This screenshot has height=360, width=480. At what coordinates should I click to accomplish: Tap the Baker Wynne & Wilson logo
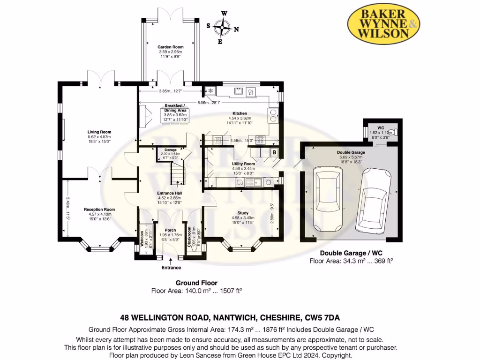[x=383, y=23]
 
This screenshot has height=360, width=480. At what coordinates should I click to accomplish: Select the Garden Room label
[x=170, y=47]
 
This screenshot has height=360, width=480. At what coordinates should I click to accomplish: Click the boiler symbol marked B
[x=274, y=152]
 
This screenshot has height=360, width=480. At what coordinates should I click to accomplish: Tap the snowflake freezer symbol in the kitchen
[x=210, y=90]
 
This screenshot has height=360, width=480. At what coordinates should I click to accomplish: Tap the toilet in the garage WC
[x=394, y=132]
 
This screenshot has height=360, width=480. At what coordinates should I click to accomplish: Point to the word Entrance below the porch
[x=171, y=268]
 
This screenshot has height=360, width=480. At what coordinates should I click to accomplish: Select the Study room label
[x=242, y=212]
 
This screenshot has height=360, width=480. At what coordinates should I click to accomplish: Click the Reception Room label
[x=99, y=210]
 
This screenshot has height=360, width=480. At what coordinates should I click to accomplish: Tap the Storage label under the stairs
[x=170, y=150]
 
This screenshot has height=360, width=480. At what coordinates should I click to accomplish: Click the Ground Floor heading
[x=196, y=283]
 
